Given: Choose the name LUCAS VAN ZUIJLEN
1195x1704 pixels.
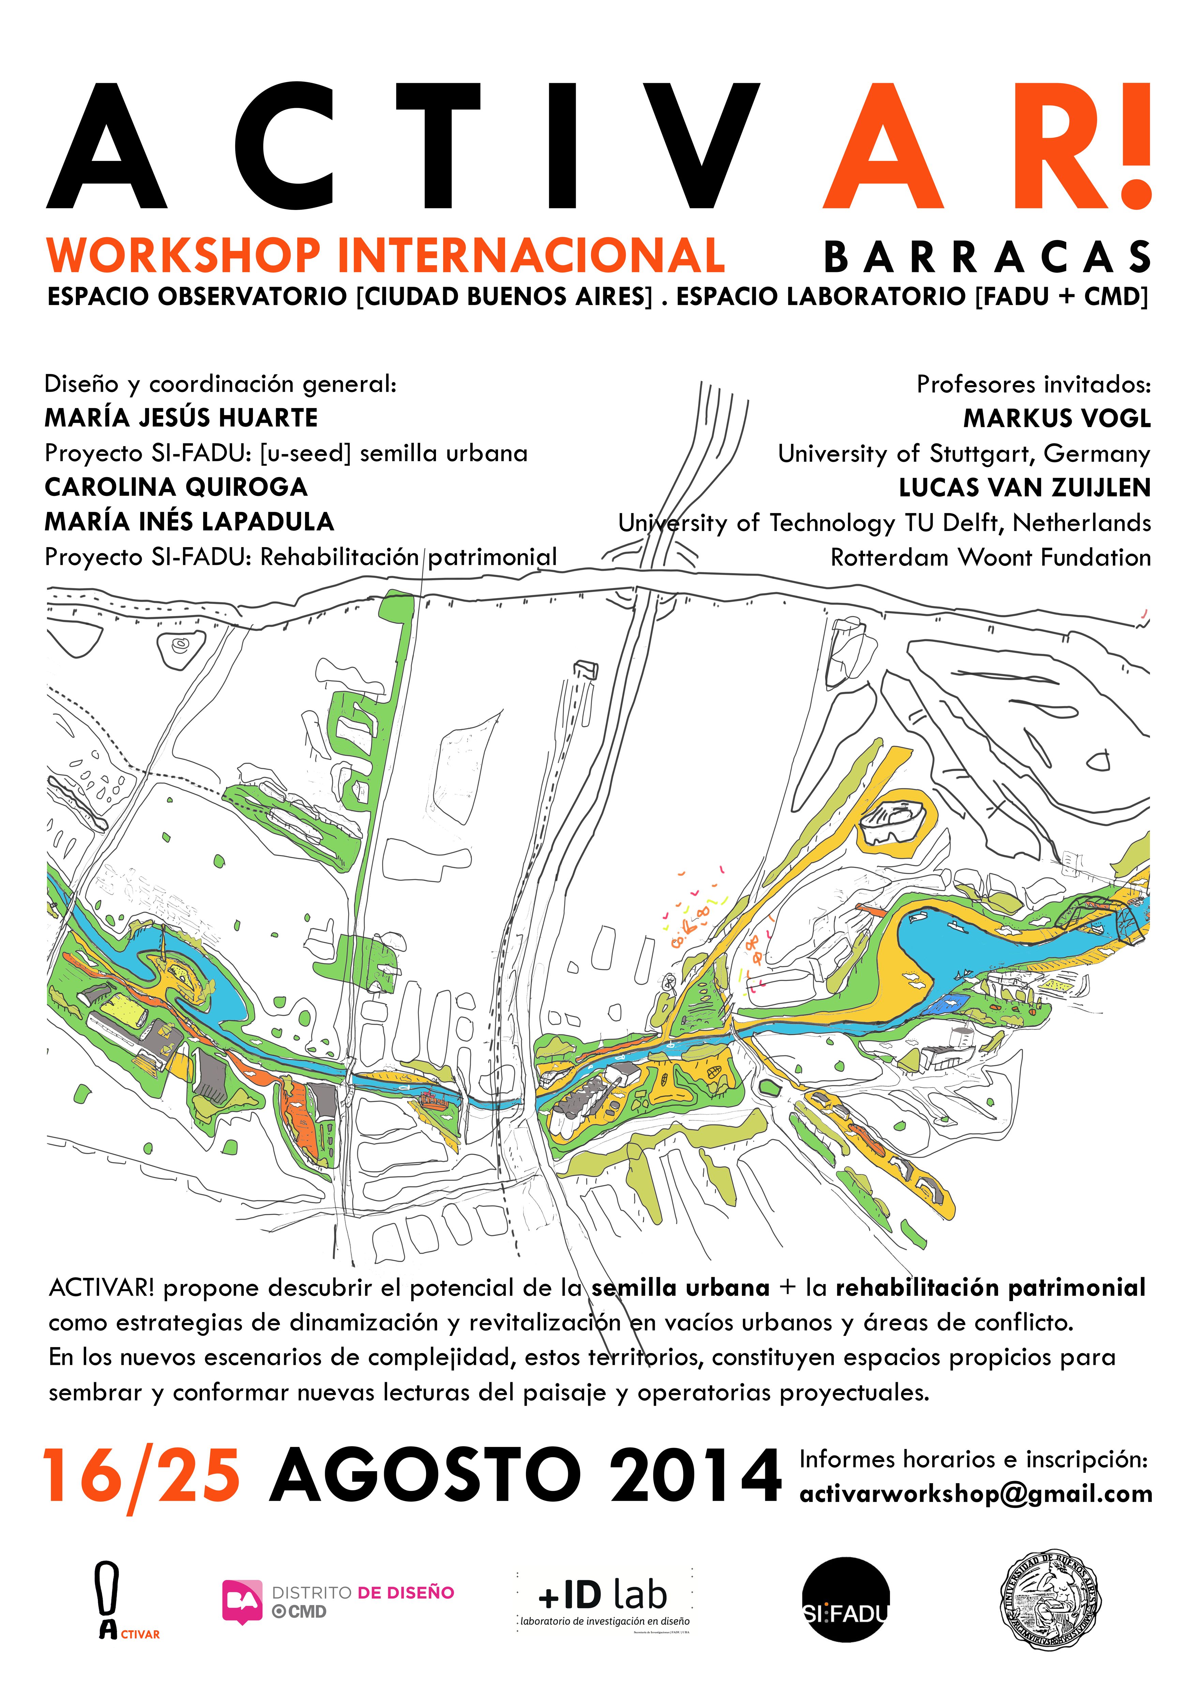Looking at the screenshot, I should [1024, 487].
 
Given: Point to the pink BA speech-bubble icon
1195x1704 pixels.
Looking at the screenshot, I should [242, 1602].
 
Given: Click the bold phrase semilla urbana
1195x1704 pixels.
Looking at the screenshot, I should [681, 1288].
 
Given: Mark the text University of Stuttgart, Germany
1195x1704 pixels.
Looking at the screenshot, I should [964, 453].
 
